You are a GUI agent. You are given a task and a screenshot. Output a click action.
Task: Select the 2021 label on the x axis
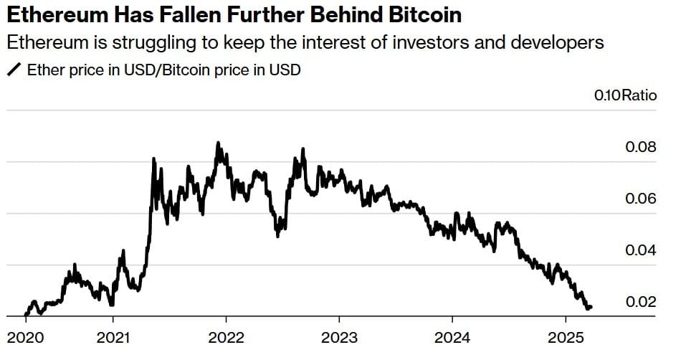pyautogui.click(x=113, y=337)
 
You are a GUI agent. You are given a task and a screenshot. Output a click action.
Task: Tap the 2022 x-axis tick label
pyautogui.click(x=226, y=337)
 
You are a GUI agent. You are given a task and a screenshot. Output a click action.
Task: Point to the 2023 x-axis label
pyautogui.click(x=339, y=337)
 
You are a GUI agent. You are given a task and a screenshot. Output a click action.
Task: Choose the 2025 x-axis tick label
pyautogui.click(x=565, y=337)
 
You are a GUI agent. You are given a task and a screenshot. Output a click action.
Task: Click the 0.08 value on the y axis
pyautogui.click(x=641, y=148)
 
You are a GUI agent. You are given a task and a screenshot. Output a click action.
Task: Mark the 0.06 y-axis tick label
pyautogui.click(x=641, y=199)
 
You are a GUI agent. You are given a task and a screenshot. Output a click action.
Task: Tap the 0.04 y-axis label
pyautogui.click(x=641, y=250)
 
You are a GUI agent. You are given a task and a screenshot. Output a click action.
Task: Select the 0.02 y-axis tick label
pyautogui.click(x=641, y=302)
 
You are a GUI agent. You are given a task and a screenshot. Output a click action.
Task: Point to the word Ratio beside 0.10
pyautogui.click(x=639, y=95)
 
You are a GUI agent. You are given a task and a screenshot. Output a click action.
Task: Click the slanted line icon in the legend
pyautogui.click(x=14, y=70)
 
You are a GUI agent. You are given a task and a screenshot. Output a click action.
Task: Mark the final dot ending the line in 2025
pyautogui.click(x=589, y=307)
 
